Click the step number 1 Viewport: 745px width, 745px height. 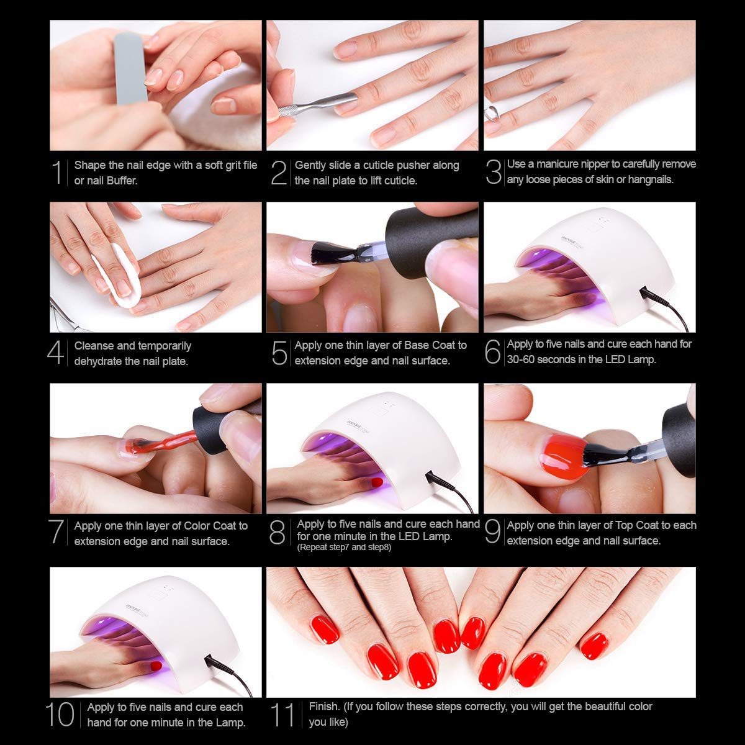57,172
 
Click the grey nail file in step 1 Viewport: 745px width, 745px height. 130,68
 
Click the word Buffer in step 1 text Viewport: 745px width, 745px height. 122,181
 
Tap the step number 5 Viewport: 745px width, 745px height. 279,353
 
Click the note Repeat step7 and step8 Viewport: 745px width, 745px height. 344,548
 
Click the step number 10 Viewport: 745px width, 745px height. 60,715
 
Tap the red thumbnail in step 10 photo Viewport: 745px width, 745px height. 156,666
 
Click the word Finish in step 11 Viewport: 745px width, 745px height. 324,707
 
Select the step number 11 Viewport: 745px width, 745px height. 282,715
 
